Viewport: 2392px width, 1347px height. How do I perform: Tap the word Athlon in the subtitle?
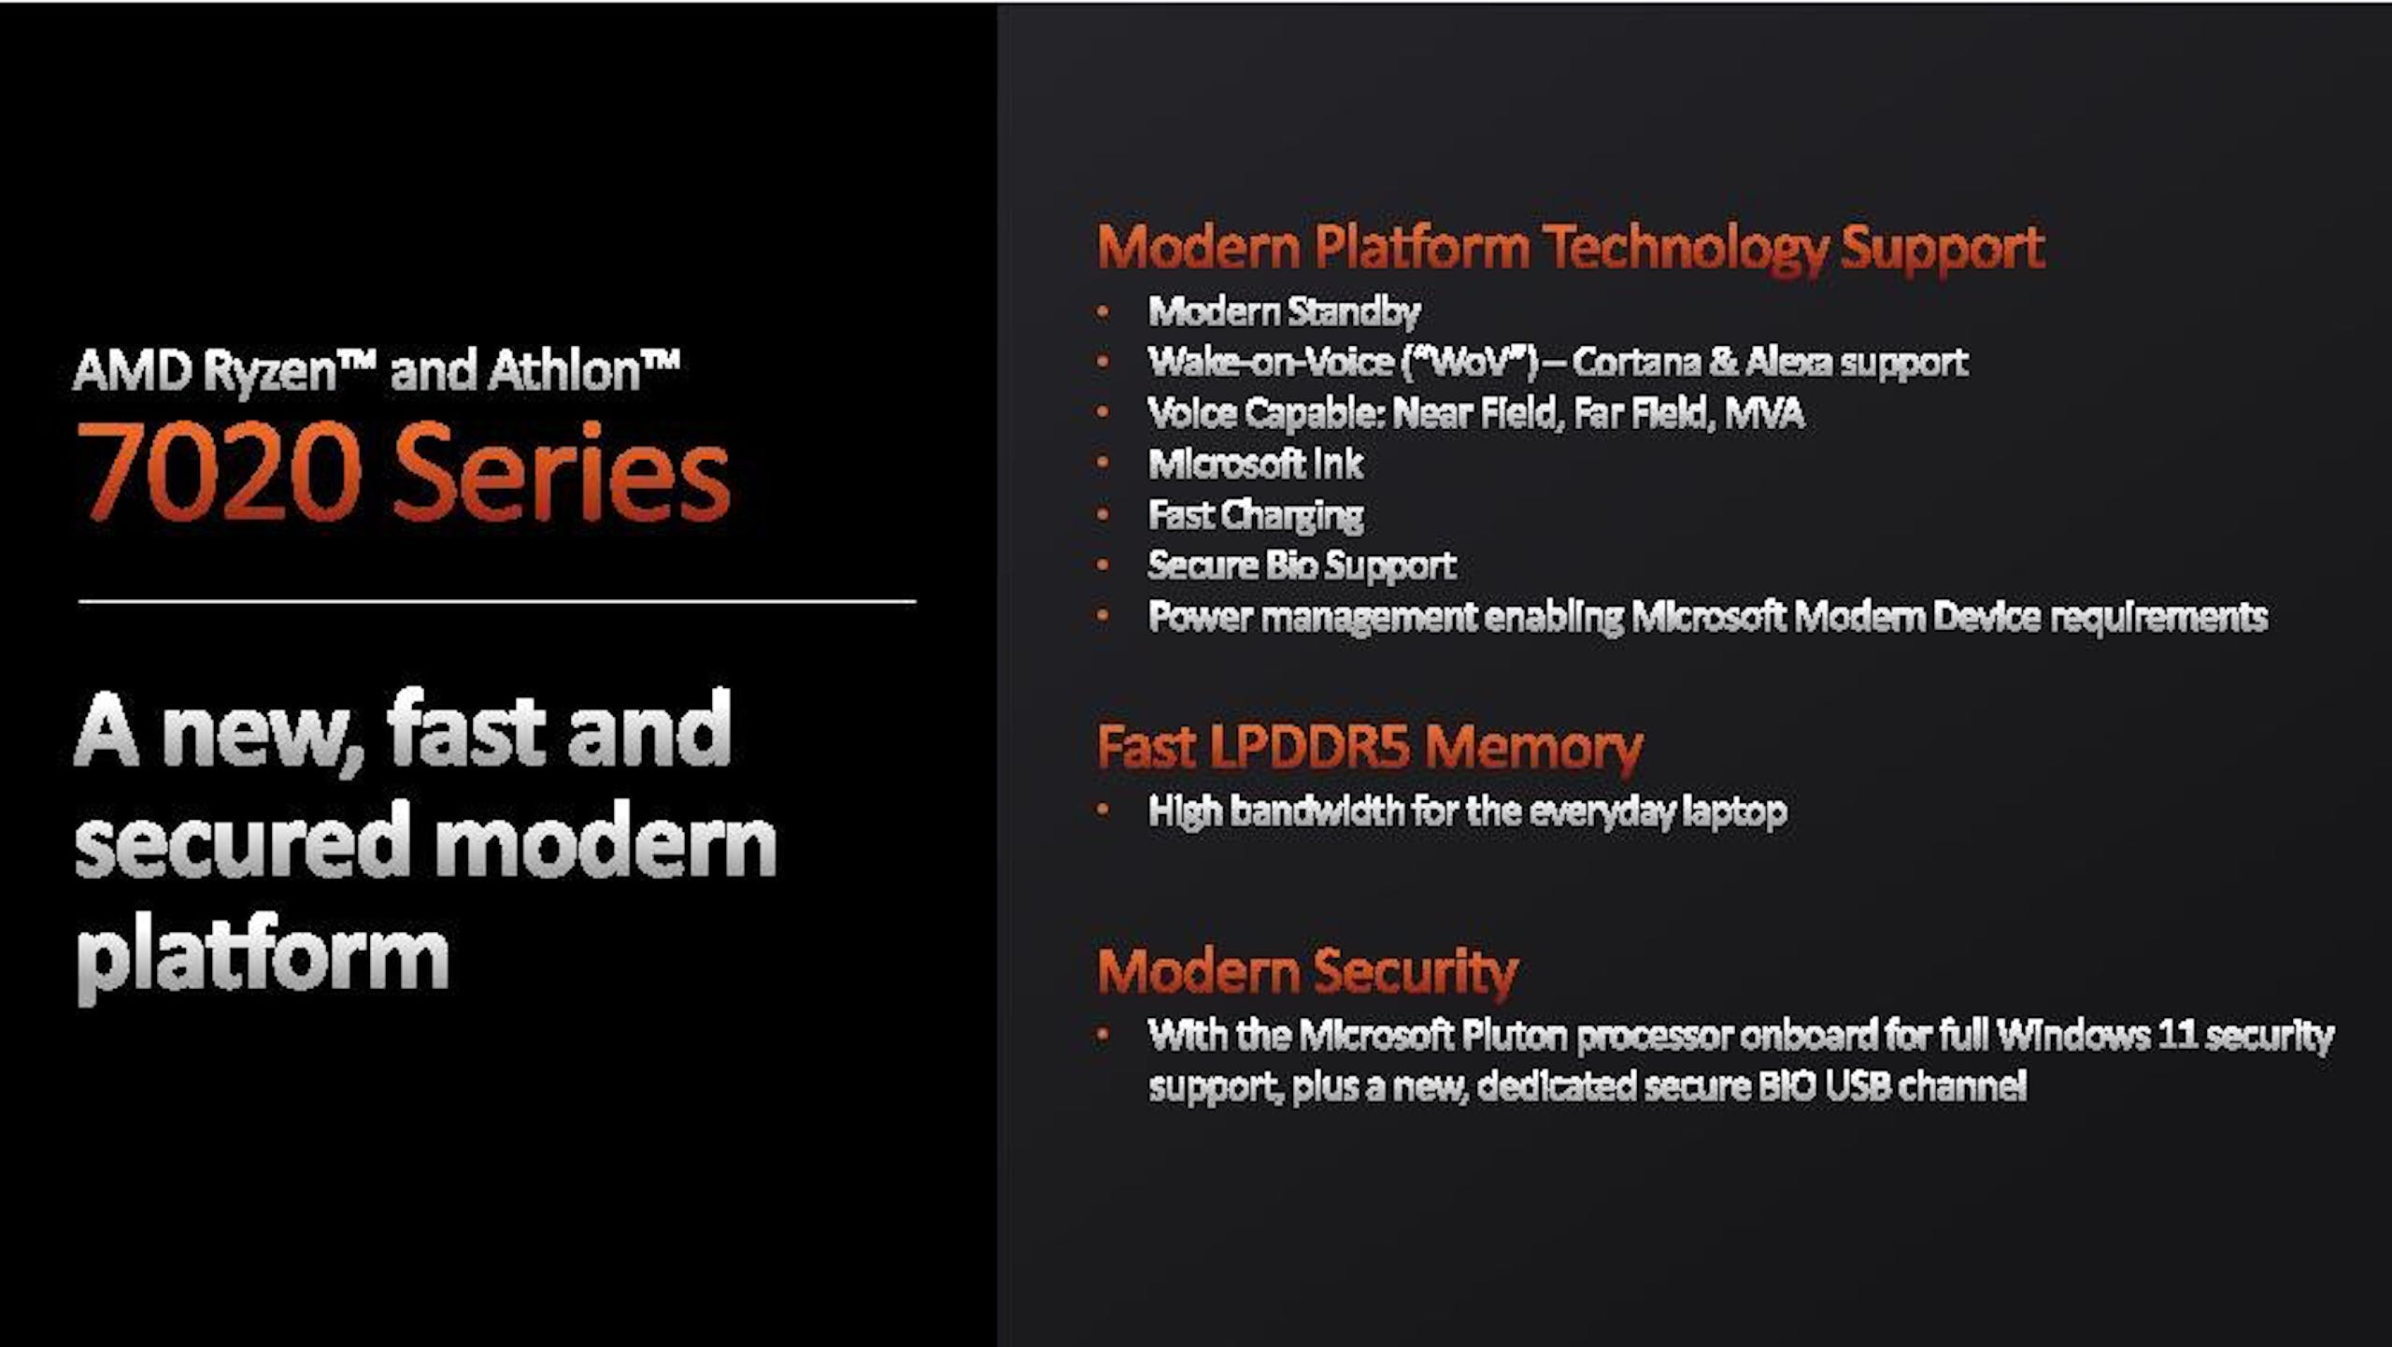pyautogui.click(x=564, y=370)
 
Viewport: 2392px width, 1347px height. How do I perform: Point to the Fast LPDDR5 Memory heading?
pyautogui.click(x=1370, y=748)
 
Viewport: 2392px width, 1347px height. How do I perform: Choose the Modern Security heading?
pyautogui.click(x=1307, y=972)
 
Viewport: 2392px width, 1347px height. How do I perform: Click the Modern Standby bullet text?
pyautogui.click(x=1284, y=311)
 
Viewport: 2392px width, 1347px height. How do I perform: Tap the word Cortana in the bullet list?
pyautogui.click(x=1635, y=363)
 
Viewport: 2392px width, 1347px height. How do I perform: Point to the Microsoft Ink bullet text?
pyautogui.click(x=1256, y=465)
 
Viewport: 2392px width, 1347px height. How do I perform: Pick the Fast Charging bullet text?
pyautogui.click(x=1256, y=516)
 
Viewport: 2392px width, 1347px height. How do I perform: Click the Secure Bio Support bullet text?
pyautogui.click(x=1302, y=566)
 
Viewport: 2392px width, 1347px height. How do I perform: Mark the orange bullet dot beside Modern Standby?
pyautogui.click(x=1103, y=312)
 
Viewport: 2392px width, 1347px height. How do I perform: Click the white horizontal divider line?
pyautogui.click(x=497, y=602)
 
